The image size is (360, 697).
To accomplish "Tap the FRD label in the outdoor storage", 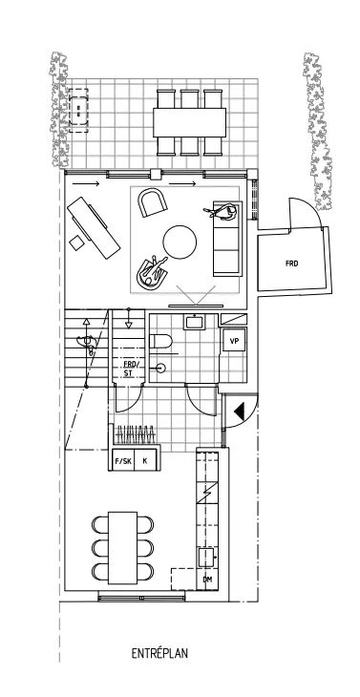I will (290, 263).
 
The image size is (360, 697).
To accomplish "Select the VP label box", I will (234, 340).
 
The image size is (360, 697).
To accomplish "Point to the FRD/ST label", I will (130, 369).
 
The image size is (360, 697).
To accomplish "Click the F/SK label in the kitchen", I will (123, 461).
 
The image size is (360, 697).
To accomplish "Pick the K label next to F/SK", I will (145, 461).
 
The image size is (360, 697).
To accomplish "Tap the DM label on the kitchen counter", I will (207, 580).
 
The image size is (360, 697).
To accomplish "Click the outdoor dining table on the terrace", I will (189, 120).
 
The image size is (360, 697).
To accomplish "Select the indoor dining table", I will (123, 546).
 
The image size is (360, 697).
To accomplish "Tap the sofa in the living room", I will (227, 241).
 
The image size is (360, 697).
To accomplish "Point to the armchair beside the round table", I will (152, 202).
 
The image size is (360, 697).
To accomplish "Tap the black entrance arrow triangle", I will (239, 412).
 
